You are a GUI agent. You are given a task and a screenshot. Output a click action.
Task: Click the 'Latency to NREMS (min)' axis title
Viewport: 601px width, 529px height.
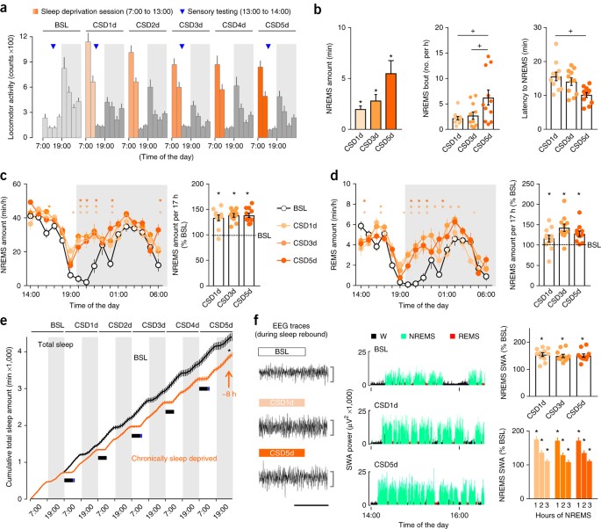coord(518,77)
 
